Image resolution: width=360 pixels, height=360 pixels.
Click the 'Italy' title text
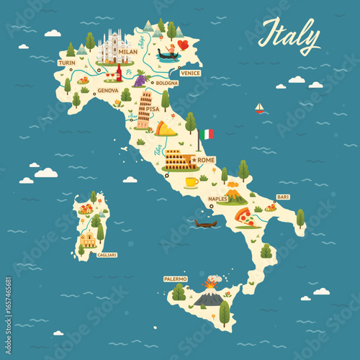click(289, 35)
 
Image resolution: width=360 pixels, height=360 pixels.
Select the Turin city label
click(67, 63)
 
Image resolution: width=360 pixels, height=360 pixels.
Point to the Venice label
click(190, 73)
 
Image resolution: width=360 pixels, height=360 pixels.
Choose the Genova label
click(107, 90)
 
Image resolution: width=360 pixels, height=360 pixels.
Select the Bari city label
click(283, 197)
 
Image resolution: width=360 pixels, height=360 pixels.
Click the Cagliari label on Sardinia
click(107, 254)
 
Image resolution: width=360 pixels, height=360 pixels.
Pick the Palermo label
click(175, 279)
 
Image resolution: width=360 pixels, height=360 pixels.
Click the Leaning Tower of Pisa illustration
click(145, 109)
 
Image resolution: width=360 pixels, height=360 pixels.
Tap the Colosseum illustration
click(179, 159)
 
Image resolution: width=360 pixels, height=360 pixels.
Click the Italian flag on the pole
click(207, 134)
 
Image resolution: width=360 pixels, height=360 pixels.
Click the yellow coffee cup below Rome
click(191, 181)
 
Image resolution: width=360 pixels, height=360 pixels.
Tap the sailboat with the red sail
click(259, 108)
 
